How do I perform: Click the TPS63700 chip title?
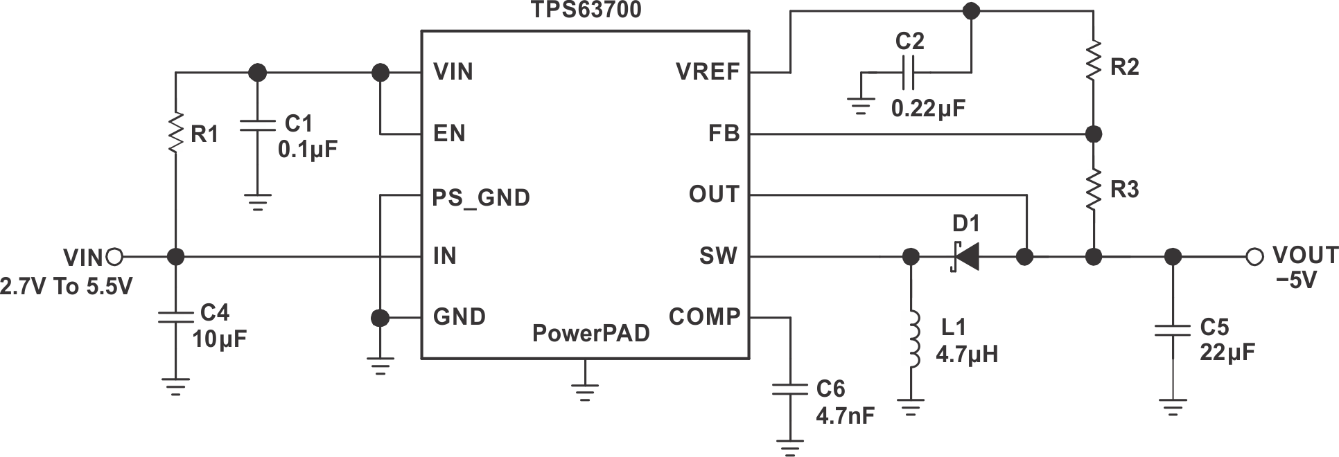(x=586, y=10)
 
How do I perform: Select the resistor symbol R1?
(x=176, y=134)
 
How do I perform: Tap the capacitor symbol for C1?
(x=257, y=126)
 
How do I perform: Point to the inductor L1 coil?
(x=913, y=339)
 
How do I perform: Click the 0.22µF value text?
(x=928, y=109)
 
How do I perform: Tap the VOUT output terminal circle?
(x=1254, y=257)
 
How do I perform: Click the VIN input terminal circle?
(x=115, y=257)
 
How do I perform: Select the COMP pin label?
(x=704, y=317)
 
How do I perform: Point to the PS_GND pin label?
(x=481, y=198)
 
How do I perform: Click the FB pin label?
(x=724, y=134)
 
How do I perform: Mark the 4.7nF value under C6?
(x=845, y=415)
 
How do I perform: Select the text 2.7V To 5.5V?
(x=66, y=287)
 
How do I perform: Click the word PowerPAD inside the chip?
(x=590, y=334)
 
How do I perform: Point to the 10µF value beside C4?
(x=219, y=339)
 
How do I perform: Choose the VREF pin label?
(x=708, y=72)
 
